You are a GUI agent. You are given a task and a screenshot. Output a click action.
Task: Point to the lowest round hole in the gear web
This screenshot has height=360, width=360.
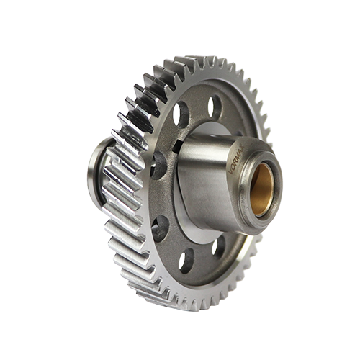point(187,261)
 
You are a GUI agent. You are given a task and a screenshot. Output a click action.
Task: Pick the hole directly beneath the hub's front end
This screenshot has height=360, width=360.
point(218,247)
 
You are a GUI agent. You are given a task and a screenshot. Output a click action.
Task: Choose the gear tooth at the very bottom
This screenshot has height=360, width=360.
point(189,303)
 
